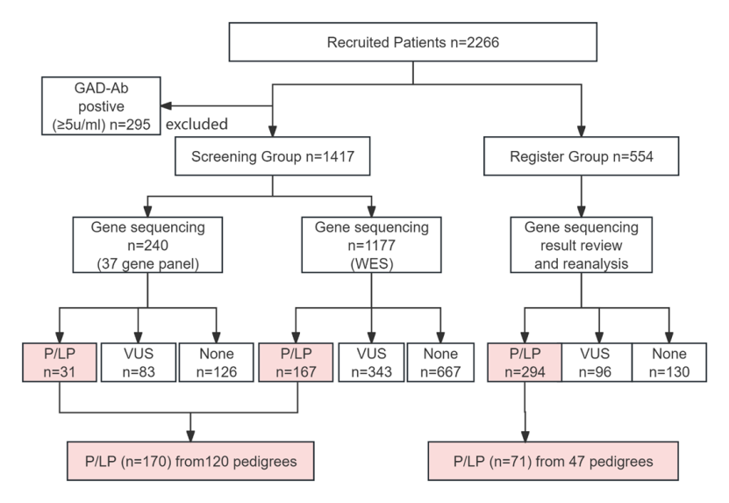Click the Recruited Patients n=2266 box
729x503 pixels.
coord(413,42)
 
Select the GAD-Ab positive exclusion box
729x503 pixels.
coord(102,106)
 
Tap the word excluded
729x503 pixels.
coord(197,125)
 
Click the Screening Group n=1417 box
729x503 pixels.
coord(273,156)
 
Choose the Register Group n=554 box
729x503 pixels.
coord(581,156)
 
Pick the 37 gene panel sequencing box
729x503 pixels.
coord(148,245)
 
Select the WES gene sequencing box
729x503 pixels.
coord(371,245)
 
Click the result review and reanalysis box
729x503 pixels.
coord(581,245)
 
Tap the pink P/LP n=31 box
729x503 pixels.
coord(60,363)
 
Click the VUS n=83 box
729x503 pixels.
coord(139,363)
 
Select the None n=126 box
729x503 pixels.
coord(216,363)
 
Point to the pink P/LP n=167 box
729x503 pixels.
coord(296,363)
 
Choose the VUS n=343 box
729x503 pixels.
coord(371,363)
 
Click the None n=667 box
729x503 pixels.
coord(440,363)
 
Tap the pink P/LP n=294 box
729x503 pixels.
coord(525,363)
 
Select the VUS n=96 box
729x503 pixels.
coord(597,363)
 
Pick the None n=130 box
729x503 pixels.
coord(669,363)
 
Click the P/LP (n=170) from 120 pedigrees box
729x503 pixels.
coord(190,461)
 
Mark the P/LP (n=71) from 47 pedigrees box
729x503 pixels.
coord(554,461)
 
